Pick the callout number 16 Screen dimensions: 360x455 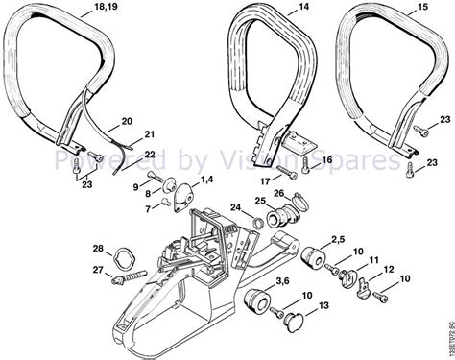coord(326,159)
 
